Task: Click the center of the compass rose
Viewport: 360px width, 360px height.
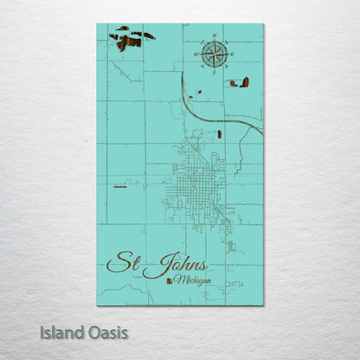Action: [x=215, y=54]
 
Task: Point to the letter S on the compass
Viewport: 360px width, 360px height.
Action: [x=215, y=71]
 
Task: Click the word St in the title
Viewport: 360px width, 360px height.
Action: [x=122, y=261]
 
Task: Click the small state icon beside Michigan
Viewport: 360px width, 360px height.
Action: [x=168, y=280]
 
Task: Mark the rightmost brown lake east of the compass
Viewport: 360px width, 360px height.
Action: [x=245, y=82]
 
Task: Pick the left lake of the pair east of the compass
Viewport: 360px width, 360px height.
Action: [x=233, y=84]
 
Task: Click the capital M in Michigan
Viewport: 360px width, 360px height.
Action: [x=177, y=280]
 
